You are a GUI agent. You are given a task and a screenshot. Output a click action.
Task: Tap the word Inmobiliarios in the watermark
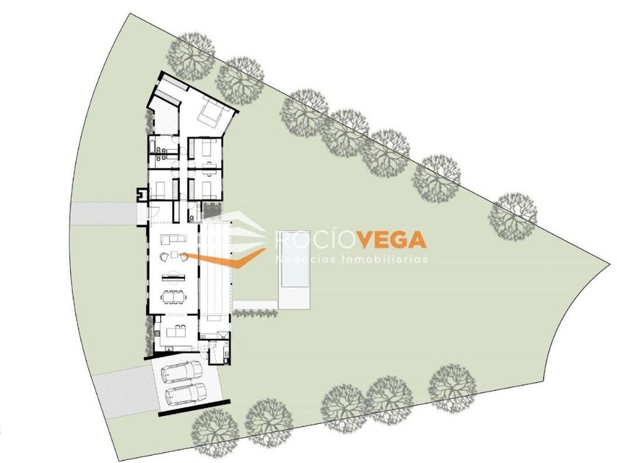coord(389,259)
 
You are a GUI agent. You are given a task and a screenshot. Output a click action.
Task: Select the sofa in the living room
coord(171,238)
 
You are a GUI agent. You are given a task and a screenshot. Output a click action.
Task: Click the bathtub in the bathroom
coord(155,154)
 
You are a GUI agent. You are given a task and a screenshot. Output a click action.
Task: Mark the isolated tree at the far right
coord(513,215)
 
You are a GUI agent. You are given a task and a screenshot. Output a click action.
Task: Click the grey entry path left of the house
coord(103,213)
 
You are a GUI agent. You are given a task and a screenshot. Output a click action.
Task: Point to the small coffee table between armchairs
coord(175,255)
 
